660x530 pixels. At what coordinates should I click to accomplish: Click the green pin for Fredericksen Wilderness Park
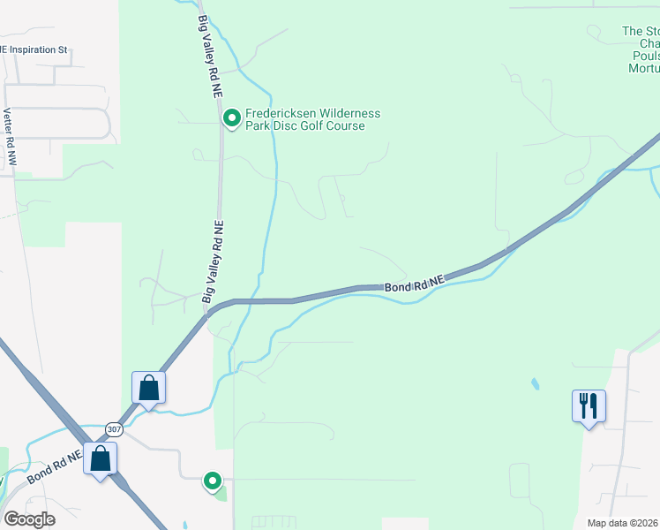[x=231, y=117]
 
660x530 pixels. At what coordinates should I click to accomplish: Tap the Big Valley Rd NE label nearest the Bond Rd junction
[x=214, y=262]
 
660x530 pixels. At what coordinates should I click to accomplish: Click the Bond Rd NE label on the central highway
[x=414, y=284]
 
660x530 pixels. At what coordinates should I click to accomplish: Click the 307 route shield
[x=114, y=429]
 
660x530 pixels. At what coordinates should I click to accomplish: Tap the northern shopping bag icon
[x=149, y=387]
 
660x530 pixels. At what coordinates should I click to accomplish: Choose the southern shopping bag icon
[x=101, y=458]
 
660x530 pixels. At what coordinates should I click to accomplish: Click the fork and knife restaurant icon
[x=589, y=405]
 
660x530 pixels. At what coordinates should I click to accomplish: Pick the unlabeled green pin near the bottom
[x=213, y=481]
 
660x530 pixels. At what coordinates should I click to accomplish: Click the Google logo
[x=30, y=519]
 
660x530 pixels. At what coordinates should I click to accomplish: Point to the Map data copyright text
[x=623, y=523]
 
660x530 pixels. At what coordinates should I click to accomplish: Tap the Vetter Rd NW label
[x=10, y=137]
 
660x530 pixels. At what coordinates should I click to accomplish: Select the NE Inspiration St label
[x=35, y=49]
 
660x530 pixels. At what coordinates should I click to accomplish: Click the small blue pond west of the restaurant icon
[x=534, y=384]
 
